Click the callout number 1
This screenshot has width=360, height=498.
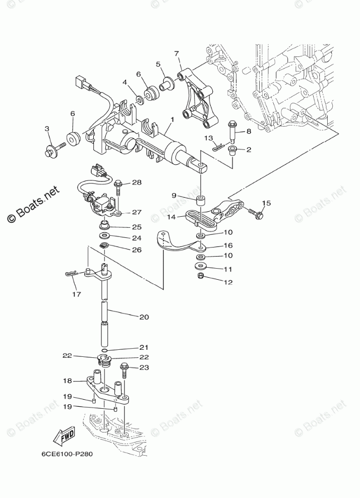tap(172, 119)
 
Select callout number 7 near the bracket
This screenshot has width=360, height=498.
tap(176, 54)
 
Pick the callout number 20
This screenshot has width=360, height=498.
tap(144, 317)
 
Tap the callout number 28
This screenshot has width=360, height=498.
tap(137, 182)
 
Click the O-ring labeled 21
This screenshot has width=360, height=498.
tap(104, 350)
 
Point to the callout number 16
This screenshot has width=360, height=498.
tap(228, 246)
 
